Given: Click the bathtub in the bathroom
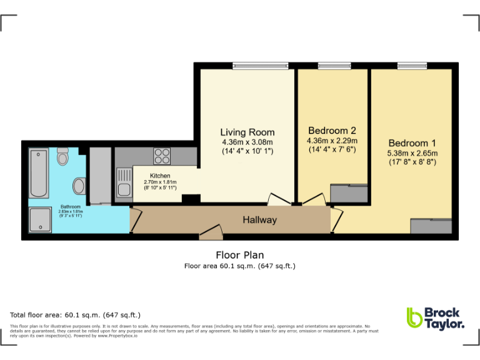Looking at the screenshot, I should pos(39,172).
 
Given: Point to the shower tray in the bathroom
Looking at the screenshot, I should pos(40,220).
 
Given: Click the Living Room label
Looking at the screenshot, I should pos(247,132).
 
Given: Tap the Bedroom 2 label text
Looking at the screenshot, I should pos(332,131).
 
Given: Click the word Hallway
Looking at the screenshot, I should pos(259,220).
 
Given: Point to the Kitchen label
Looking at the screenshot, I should pos(161,176).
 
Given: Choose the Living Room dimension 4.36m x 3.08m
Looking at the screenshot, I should pos(247,142).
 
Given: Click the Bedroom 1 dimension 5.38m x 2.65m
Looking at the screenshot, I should pos(412,153).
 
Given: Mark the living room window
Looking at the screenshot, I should pos(261,65).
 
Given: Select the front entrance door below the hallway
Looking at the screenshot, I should pos(211,235).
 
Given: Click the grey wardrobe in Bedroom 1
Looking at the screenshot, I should pos(431,226).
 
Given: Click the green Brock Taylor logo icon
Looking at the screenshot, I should pos(414,317).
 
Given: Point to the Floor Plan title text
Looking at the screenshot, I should pos(239,255).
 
